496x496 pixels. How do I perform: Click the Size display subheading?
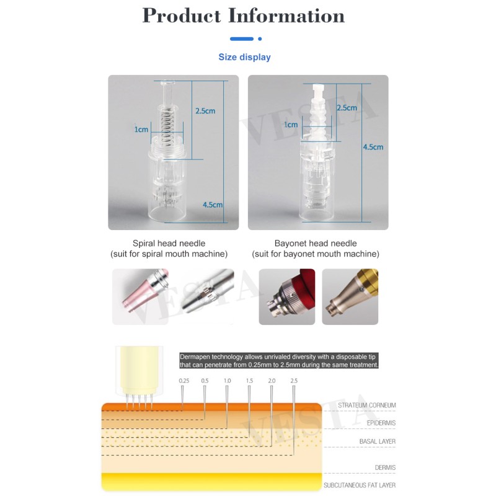(244, 57)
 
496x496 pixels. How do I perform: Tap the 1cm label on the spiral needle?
(142, 130)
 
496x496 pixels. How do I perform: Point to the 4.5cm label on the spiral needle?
(212, 205)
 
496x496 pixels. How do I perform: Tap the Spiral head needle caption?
(169, 244)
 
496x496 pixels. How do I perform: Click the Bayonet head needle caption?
(316, 244)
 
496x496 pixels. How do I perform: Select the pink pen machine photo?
(140, 296)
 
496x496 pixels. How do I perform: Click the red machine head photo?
(286, 296)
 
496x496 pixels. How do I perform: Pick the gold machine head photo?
(350, 296)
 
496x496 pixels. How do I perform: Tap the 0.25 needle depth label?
(184, 381)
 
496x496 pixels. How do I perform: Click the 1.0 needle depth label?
(227, 381)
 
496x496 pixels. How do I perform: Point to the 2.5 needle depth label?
(294, 381)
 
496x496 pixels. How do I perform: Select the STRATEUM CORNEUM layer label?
(366, 405)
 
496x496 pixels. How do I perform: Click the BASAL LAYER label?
(378, 441)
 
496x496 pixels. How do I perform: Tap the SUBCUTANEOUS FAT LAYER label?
(360, 485)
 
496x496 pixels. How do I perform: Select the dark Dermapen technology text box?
(279, 361)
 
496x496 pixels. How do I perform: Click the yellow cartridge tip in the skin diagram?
(137, 371)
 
